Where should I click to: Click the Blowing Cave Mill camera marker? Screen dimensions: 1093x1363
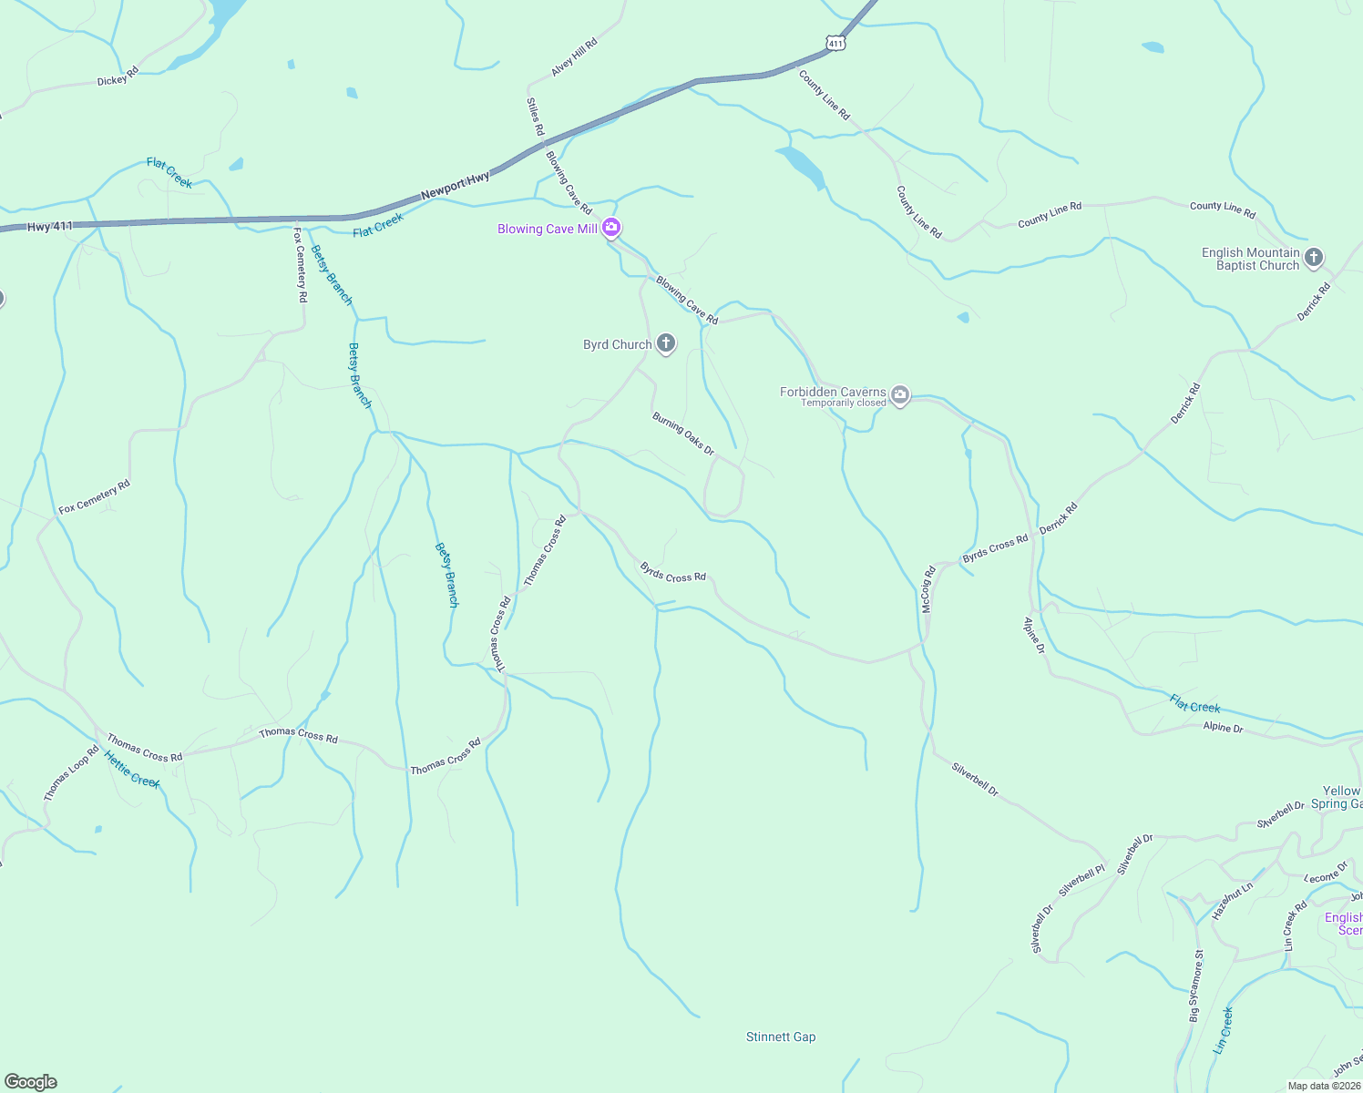612,228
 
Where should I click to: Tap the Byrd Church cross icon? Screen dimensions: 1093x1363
666,343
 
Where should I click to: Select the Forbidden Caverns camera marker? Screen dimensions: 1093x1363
900,394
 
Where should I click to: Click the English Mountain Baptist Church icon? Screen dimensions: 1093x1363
1313,258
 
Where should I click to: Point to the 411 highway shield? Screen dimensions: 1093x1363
836,43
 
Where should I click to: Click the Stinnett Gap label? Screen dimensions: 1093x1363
781,1037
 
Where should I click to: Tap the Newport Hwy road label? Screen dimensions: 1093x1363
455,185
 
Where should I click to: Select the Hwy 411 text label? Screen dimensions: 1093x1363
50,226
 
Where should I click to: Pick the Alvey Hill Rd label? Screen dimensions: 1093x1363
574,57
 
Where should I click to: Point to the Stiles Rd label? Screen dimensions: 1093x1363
535,117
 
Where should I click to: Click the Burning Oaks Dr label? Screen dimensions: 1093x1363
683,434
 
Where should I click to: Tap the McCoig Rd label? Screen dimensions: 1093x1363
927,589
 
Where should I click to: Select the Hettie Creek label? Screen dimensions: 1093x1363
132,770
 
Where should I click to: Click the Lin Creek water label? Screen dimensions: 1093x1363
1224,1030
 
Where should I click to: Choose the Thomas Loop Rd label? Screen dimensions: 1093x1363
70,774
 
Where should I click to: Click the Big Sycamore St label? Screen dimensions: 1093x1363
1196,986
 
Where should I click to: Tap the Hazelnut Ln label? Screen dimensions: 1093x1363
1233,901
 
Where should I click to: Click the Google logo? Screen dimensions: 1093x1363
31,1082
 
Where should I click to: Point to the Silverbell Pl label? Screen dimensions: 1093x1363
1081,880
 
